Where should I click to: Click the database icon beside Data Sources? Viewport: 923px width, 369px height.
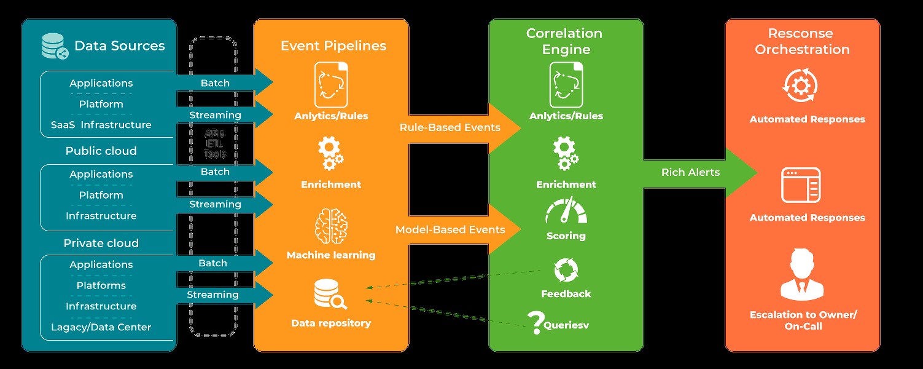click(x=55, y=46)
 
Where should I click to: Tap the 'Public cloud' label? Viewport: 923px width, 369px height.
click(x=101, y=151)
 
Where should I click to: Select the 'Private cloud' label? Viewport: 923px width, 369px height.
click(x=101, y=244)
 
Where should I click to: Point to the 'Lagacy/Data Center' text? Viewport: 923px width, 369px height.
click(x=101, y=327)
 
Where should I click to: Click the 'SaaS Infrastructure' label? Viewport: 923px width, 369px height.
click(x=101, y=125)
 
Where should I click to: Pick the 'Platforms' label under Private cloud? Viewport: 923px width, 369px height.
click(x=101, y=285)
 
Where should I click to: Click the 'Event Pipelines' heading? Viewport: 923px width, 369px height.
click(x=333, y=46)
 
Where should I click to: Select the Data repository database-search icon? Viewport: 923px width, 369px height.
click(x=330, y=295)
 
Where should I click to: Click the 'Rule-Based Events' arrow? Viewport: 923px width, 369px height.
click(x=454, y=128)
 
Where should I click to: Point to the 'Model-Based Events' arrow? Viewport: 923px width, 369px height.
click(x=454, y=230)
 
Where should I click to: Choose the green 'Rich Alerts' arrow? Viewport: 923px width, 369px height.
click(x=697, y=173)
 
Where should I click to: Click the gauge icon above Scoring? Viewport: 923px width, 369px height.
click(x=566, y=212)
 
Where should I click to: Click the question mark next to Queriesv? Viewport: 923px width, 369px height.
click(x=536, y=320)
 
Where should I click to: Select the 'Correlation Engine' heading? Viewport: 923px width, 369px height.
click(x=564, y=41)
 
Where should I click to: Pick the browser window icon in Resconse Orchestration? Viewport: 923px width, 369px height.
click(x=800, y=185)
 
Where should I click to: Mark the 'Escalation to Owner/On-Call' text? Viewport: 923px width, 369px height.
click(x=803, y=320)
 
